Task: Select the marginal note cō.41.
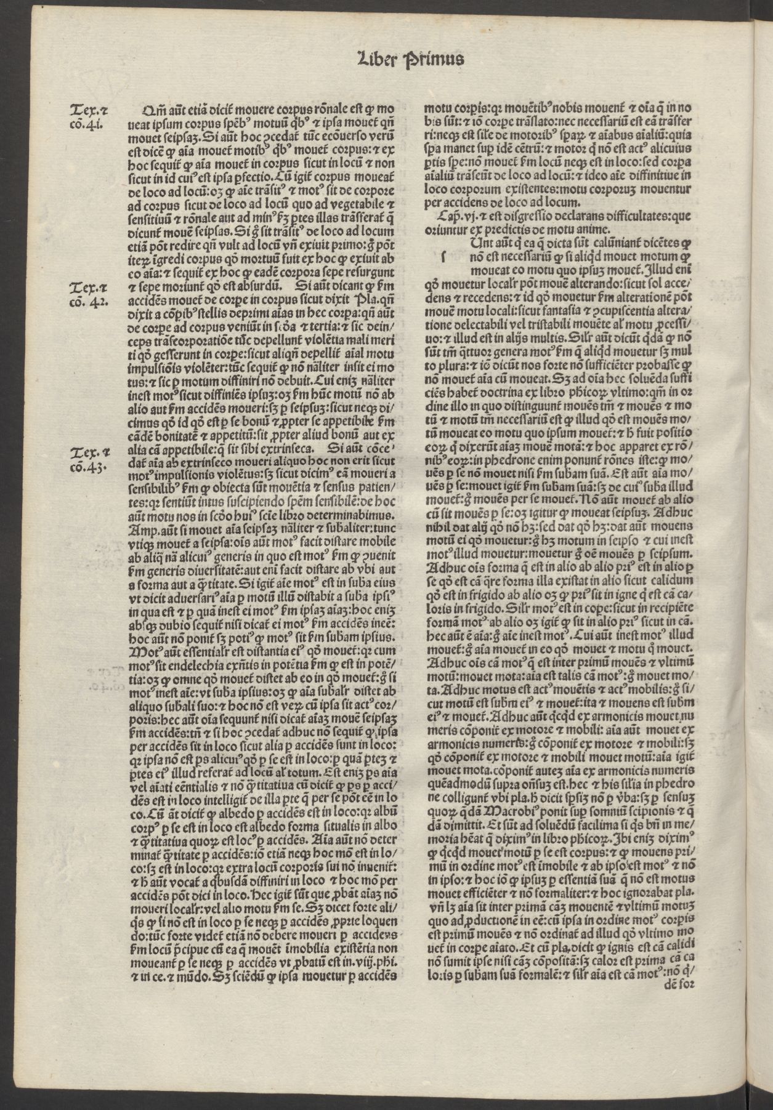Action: coord(86,125)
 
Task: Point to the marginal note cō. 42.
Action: coord(87,302)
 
